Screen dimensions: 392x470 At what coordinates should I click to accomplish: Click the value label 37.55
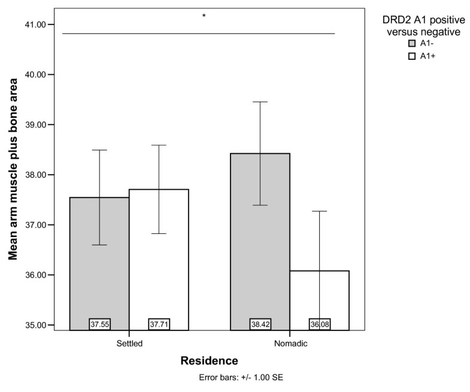pos(99,324)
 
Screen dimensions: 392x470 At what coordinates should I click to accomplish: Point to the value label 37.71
pos(159,324)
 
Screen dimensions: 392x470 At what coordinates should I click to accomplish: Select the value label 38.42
pos(260,324)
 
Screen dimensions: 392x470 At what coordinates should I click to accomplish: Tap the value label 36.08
pos(319,324)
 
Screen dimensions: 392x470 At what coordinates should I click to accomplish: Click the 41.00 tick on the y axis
pos(44,25)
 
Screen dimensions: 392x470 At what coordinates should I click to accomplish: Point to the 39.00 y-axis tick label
pos(44,124)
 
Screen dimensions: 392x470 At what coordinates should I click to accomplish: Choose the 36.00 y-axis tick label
pos(44,275)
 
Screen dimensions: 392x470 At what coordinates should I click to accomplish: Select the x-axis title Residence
pos(209,361)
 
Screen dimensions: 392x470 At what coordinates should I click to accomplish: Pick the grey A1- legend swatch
pos(411,44)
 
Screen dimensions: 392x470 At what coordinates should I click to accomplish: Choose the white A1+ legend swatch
pos(411,56)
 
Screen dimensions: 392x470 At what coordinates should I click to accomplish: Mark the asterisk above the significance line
pos(204,16)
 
